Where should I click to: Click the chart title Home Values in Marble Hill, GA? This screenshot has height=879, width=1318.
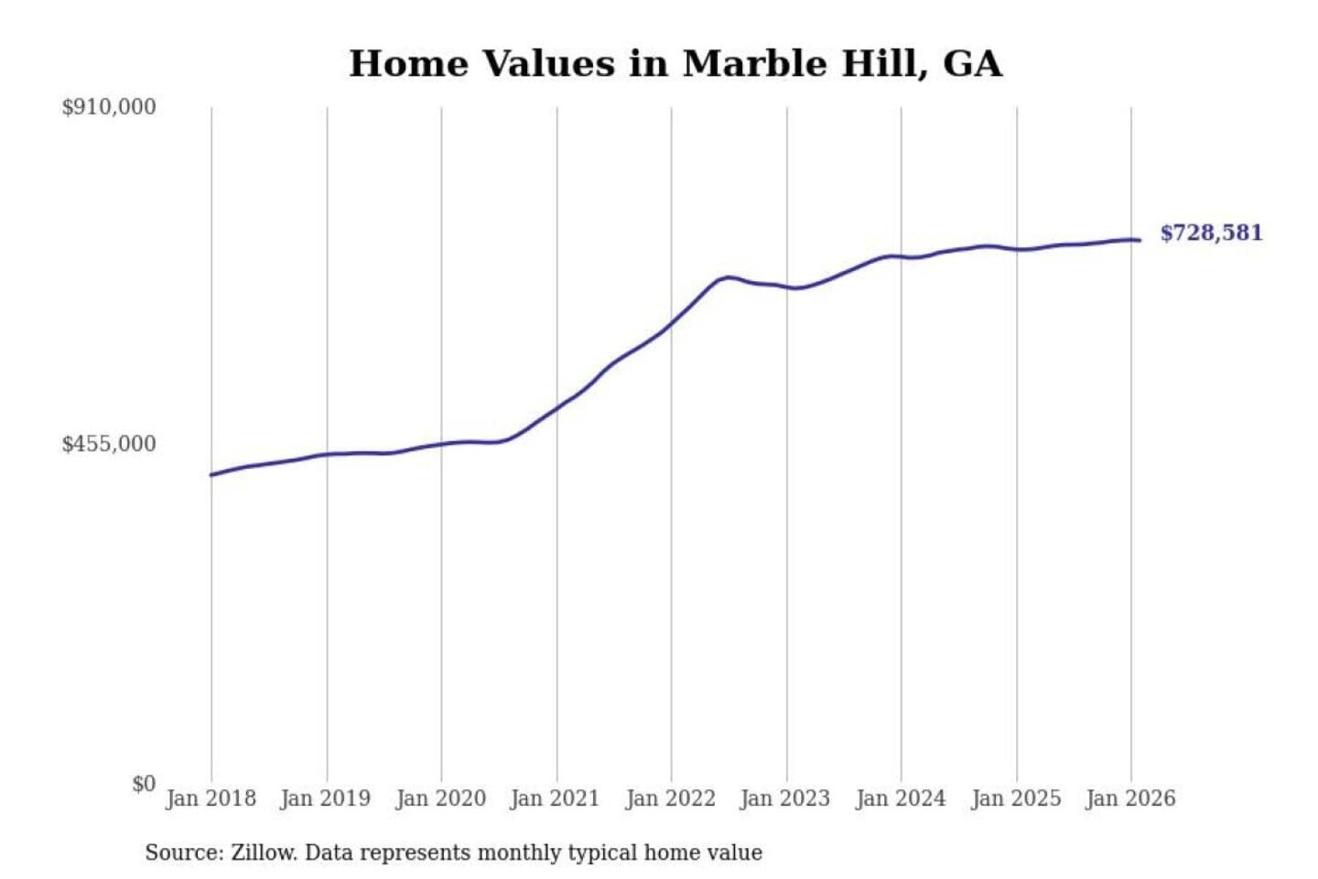tap(675, 64)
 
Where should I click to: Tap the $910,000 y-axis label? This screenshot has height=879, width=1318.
tap(109, 107)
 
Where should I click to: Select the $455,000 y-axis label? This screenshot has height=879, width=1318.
tap(109, 444)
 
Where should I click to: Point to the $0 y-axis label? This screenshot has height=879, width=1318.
tap(144, 784)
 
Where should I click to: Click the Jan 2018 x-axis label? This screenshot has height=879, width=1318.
tap(211, 798)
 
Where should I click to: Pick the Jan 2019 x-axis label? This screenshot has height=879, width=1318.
tap(325, 798)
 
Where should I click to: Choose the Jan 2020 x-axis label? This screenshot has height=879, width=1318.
tap(440, 798)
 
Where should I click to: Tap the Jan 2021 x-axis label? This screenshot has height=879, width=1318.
tap(555, 798)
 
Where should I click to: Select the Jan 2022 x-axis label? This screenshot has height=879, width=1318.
tap(670, 798)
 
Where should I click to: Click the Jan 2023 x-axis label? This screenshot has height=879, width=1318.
tap(784, 798)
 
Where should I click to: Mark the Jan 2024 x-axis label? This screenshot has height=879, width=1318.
tap(900, 798)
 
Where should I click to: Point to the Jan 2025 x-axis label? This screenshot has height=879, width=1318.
tap(1015, 798)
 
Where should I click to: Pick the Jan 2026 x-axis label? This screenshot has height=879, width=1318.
tap(1129, 798)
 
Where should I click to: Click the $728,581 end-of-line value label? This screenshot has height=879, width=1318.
tap(1211, 233)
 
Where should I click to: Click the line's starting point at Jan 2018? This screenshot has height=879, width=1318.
tap(211, 474)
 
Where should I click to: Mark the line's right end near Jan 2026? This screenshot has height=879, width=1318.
tap(1139, 240)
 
